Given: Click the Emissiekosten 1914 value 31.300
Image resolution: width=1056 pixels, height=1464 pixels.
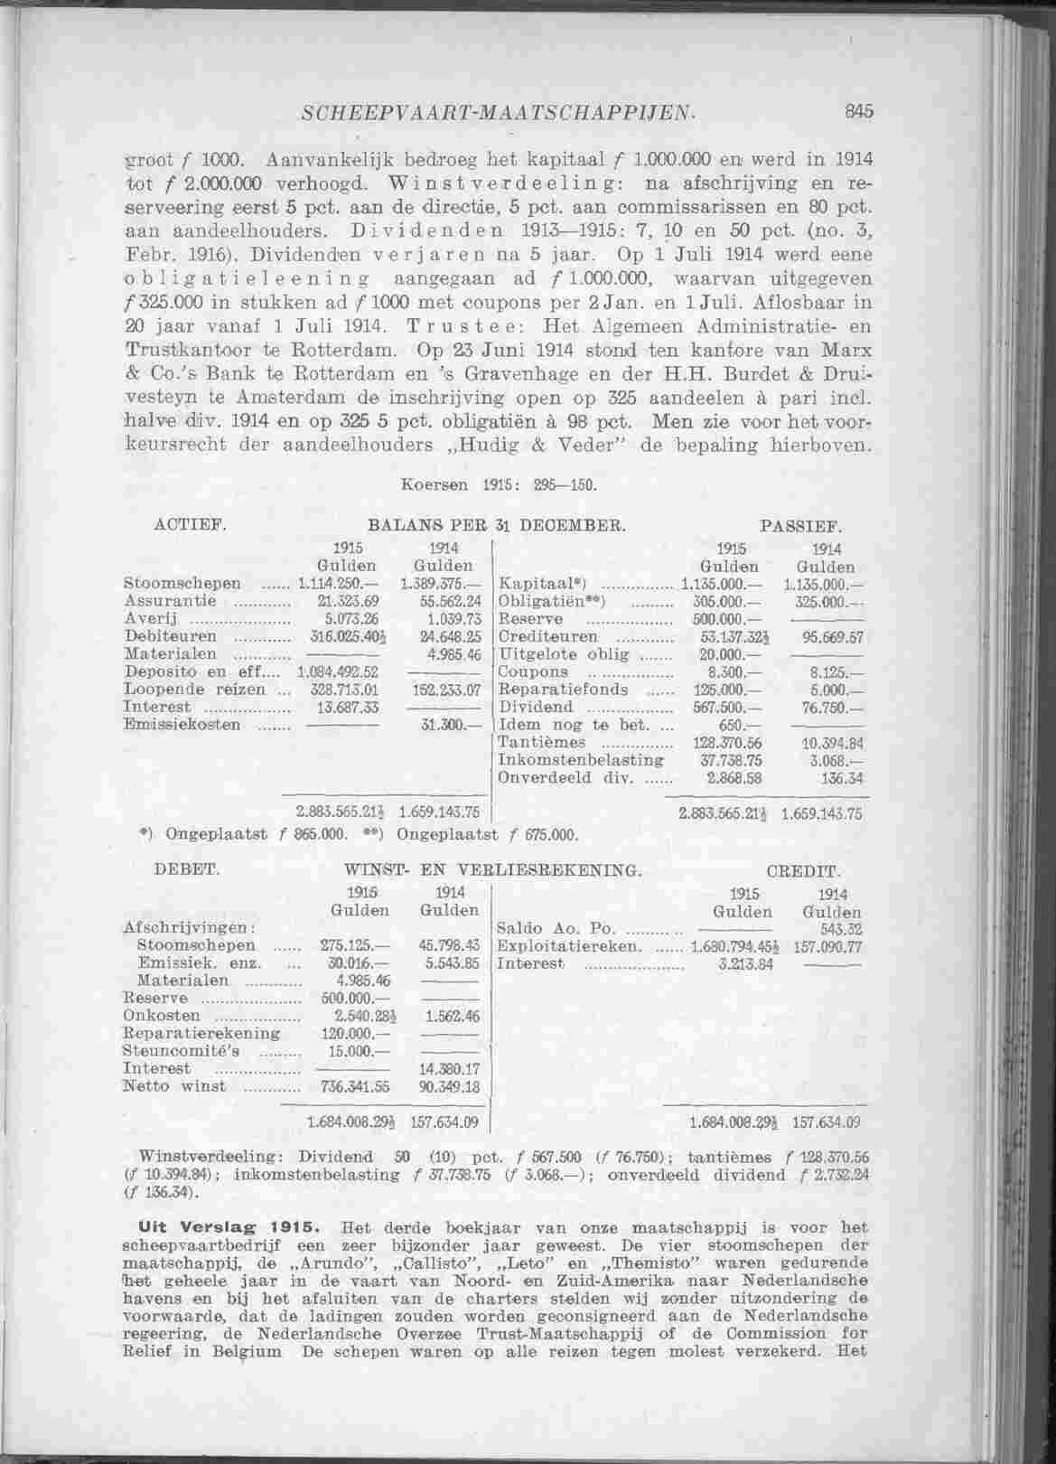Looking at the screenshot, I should click(x=450, y=724).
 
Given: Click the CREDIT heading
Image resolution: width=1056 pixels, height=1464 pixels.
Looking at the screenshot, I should click(x=802, y=872).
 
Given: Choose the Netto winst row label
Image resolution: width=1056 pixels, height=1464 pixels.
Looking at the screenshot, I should click(x=173, y=1085).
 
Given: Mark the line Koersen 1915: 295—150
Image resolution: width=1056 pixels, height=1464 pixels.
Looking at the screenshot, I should click(x=500, y=485).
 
